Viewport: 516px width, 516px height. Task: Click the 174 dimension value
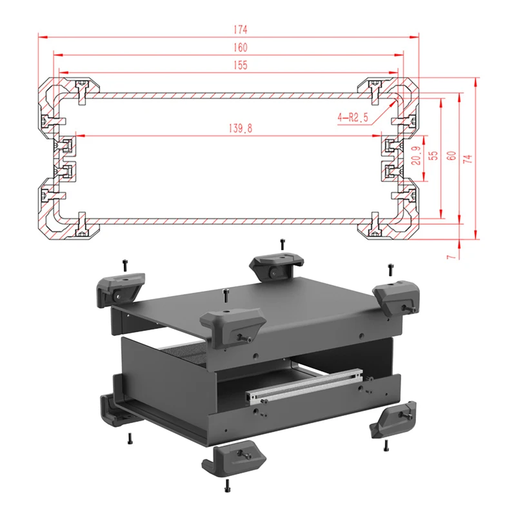point(242,30)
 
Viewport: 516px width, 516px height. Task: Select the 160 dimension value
point(241,47)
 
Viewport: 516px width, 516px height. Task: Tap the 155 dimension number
point(239,64)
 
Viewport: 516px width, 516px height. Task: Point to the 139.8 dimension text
point(239,128)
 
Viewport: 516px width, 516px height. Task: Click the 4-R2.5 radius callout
point(352,117)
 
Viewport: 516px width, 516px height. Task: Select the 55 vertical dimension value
point(433,155)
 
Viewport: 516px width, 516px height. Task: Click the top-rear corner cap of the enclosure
point(275,265)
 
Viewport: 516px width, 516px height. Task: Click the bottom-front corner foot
point(234,459)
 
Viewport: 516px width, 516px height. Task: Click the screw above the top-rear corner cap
point(282,244)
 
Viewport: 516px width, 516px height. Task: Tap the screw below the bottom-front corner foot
point(227,484)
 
